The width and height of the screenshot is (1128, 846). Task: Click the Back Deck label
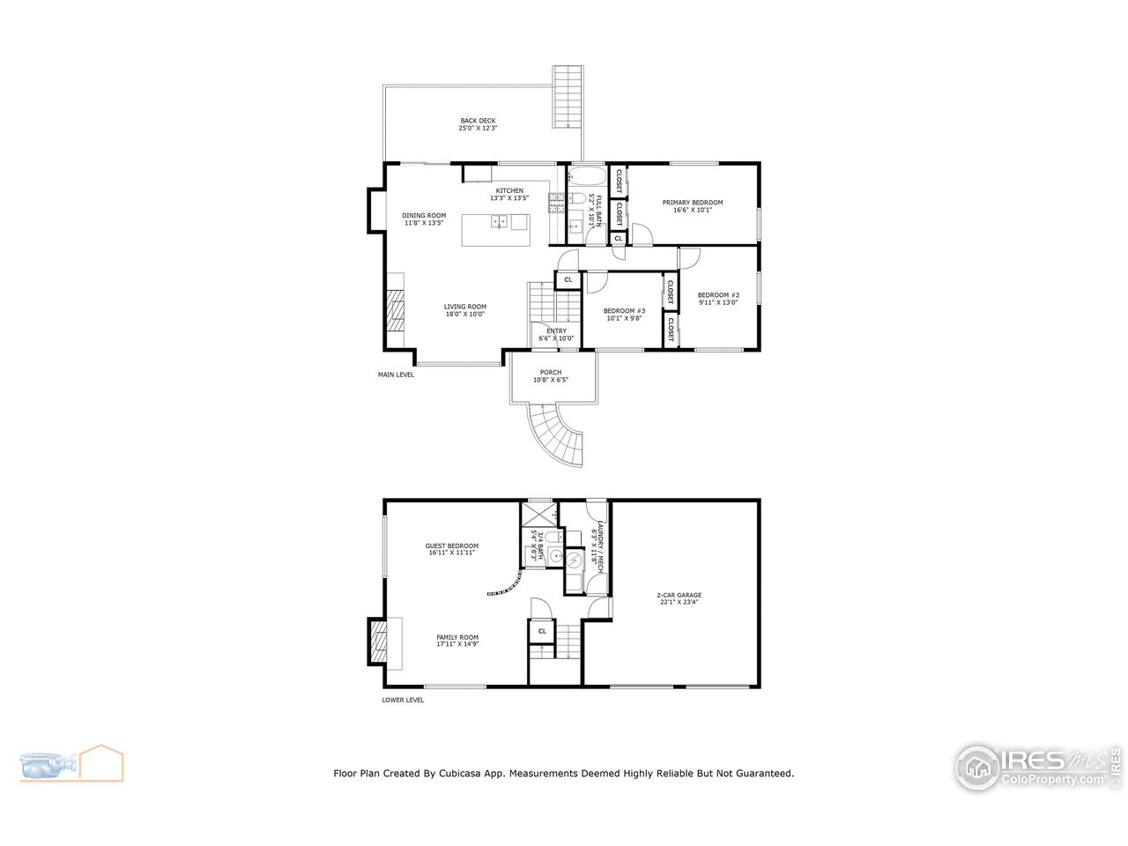click(478, 121)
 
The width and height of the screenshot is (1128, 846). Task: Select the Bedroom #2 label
click(717, 295)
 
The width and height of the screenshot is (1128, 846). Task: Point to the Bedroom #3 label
click(624, 310)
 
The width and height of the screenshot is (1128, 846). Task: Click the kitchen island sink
click(499, 221)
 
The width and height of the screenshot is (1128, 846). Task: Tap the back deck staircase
click(568, 98)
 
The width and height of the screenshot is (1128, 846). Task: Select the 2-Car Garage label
click(679, 595)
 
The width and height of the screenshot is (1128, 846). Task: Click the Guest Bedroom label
click(451, 545)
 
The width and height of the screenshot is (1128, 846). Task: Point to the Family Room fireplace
click(378, 641)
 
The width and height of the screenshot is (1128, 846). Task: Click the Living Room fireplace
click(394, 309)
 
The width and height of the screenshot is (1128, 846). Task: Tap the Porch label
click(551, 373)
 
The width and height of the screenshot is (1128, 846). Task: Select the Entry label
click(556, 331)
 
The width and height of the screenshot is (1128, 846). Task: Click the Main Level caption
click(396, 375)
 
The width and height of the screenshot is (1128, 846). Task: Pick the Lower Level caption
click(403, 701)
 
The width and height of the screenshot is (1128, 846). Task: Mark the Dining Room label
click(424, 215)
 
